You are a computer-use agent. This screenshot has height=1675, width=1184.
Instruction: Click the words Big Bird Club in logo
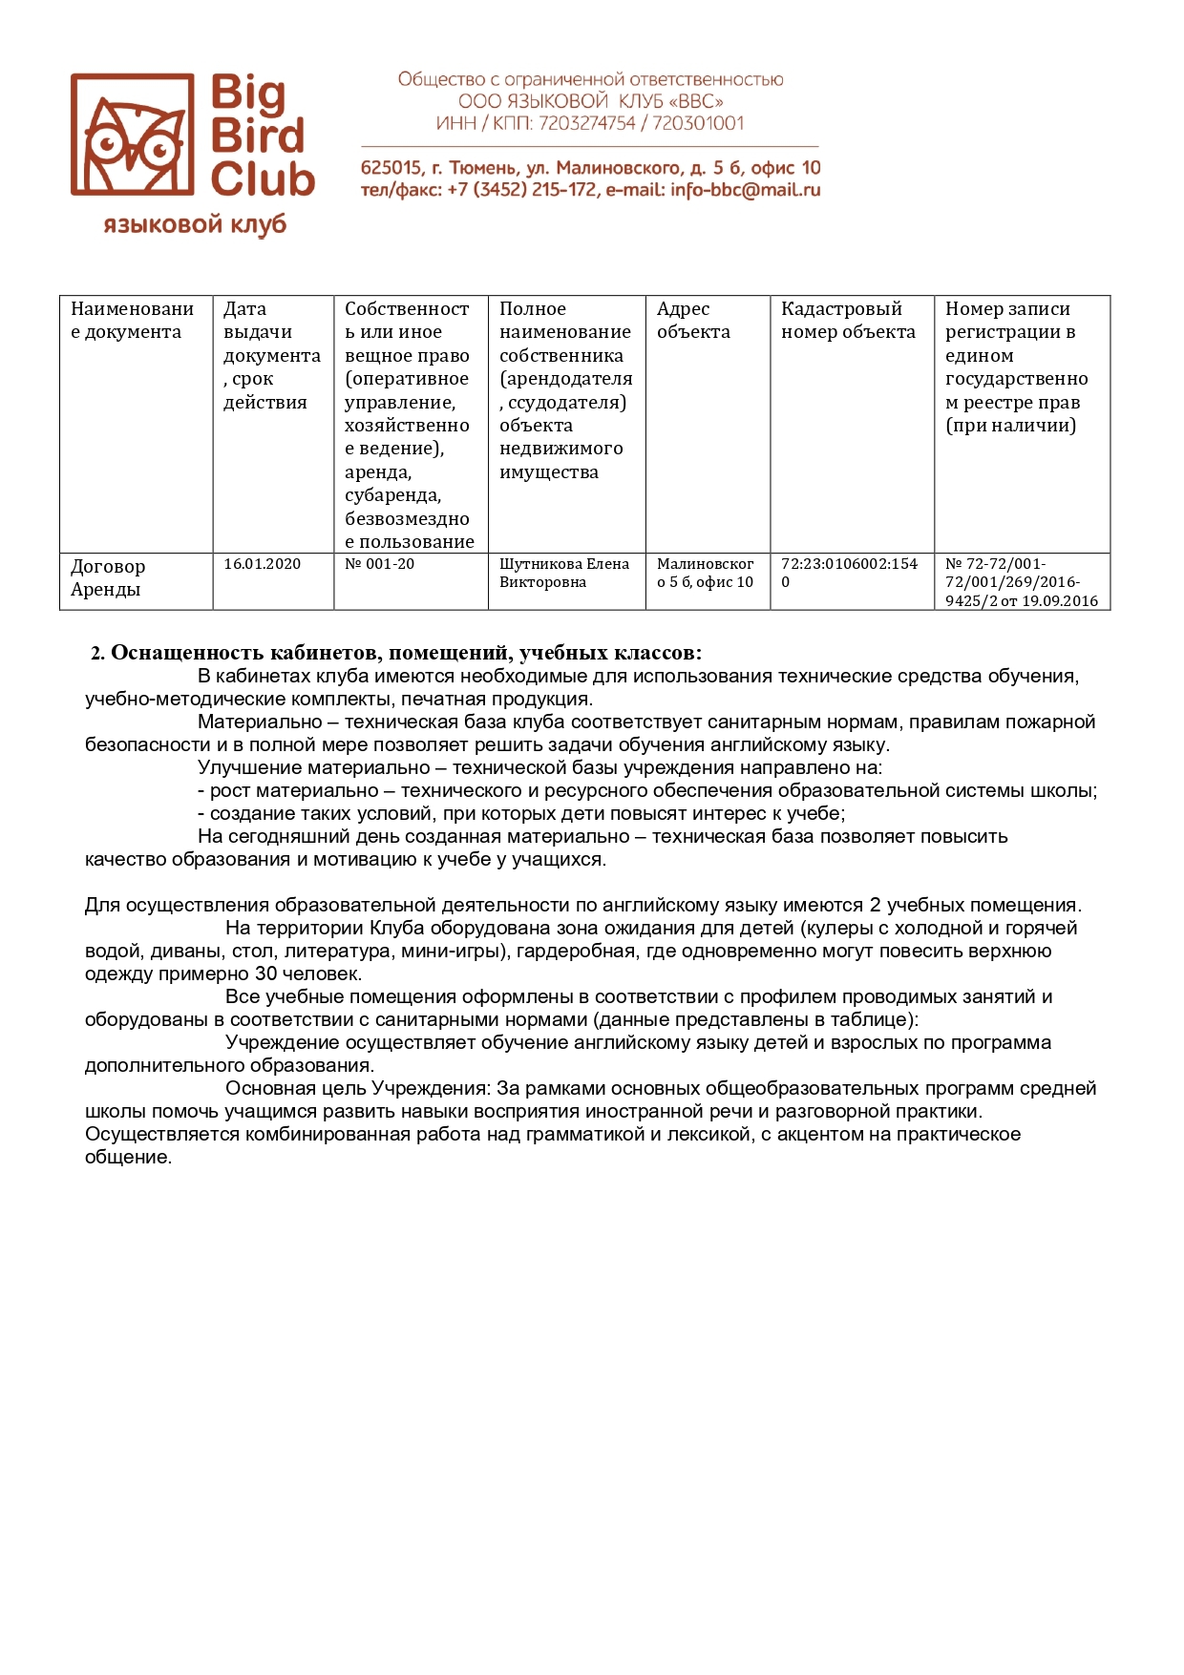coord(261,136)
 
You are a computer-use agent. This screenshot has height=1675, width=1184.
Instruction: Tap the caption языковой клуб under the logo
coord(195,225)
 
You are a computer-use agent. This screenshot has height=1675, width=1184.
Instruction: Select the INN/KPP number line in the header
coord(590,123)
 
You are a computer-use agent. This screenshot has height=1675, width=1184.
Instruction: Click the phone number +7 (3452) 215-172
coord(520,190)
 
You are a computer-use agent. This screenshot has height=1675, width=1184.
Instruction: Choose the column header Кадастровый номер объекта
coord(848,321)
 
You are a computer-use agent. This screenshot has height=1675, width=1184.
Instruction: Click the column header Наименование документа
coord(132,321)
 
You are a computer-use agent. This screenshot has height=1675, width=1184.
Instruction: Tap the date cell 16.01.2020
coord(263,564)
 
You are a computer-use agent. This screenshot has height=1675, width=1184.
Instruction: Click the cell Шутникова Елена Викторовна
coord(564,573)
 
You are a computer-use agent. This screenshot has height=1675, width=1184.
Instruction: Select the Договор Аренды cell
coord(108,577)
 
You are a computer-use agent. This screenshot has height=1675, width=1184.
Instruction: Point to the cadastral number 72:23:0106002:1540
coord(849,573)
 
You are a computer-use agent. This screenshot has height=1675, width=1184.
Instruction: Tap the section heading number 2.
coord(96,654)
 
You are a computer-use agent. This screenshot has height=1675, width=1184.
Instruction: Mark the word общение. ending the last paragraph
coord(128,1158)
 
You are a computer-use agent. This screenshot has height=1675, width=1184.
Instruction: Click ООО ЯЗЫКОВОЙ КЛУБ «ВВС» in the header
coord(590,101)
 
